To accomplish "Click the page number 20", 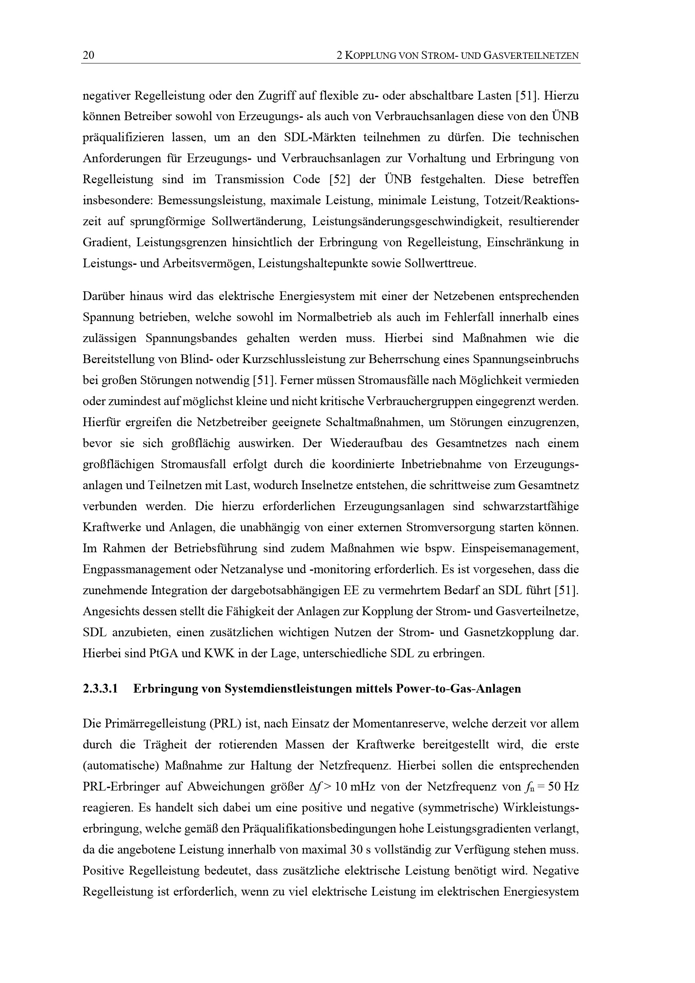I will pos(88,55).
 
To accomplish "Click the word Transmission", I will pos(250,179).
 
